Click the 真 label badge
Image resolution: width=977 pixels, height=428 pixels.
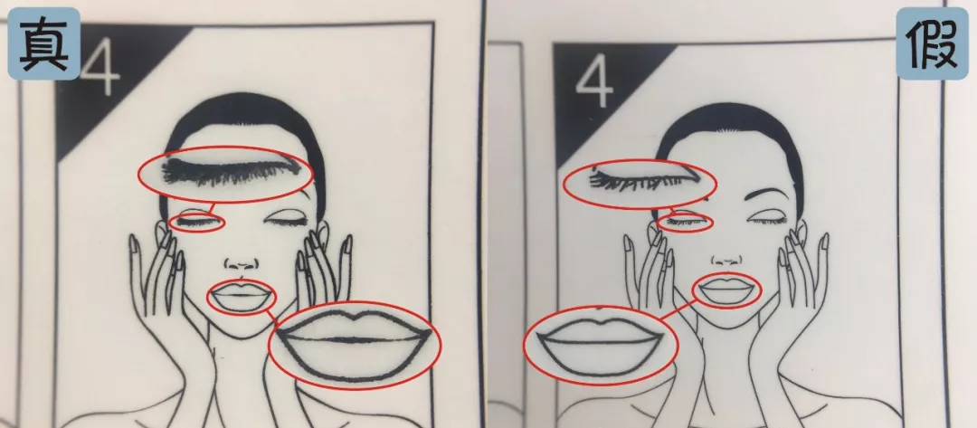pos(43,43)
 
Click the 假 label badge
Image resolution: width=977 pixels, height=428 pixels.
pos(932,44)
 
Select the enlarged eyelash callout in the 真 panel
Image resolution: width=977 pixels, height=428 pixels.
pos(225,173)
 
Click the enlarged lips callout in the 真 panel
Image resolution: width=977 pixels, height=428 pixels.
pos(354,345)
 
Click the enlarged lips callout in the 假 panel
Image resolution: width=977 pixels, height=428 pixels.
pos(601,344)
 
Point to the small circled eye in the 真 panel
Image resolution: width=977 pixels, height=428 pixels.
pos(196,223)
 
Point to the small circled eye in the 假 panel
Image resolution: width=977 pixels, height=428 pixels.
pos(685,222)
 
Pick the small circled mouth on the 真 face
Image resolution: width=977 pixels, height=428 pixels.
pos(242,297)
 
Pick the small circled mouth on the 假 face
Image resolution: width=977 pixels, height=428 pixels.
pos(726,290)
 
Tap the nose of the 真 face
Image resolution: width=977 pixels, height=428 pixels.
pos(241,263)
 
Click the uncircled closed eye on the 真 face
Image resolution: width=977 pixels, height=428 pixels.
pos(286,221)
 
